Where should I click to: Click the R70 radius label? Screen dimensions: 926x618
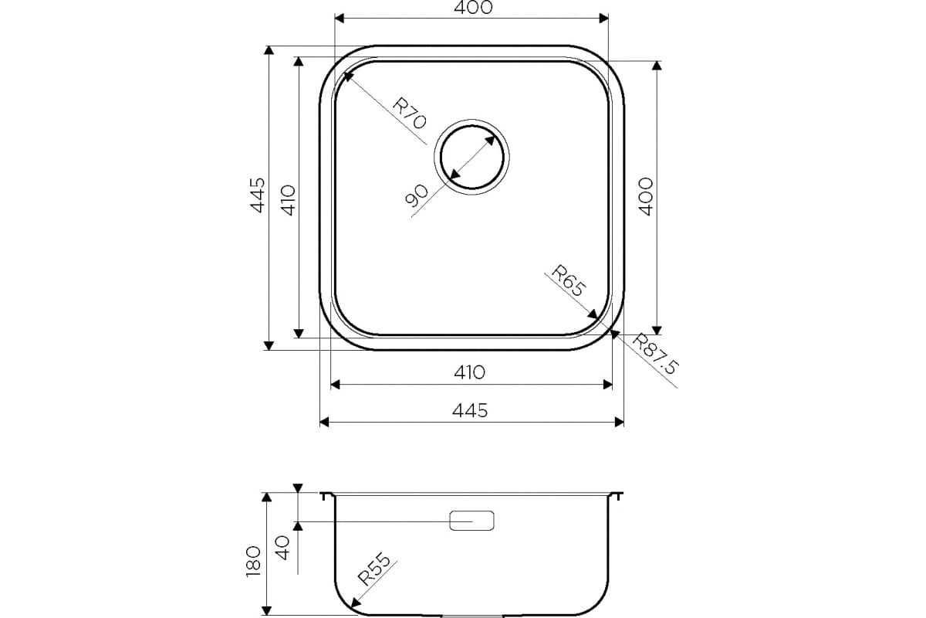click(409, 113)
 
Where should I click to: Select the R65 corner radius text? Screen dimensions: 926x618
click(569, 280)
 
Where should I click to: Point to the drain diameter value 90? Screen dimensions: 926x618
click(417, 195)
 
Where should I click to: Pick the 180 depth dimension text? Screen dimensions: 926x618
click(253, 562)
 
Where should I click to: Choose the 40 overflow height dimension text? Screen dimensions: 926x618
click(282, 548)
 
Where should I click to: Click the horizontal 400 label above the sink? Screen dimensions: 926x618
click(473, 8)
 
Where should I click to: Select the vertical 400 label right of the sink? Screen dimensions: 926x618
click(646, 197)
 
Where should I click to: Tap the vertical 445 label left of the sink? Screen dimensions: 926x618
click(258, 195)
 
